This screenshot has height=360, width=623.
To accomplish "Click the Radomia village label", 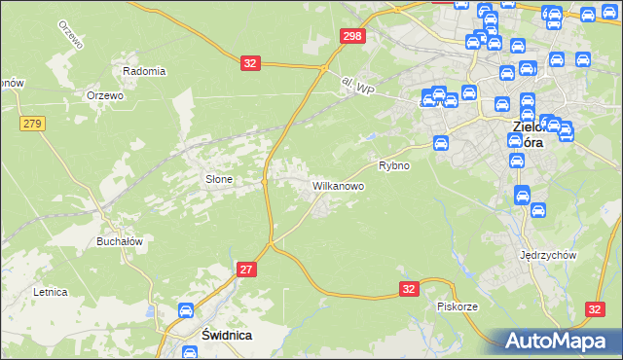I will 144,71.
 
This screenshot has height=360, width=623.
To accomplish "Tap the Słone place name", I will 217,179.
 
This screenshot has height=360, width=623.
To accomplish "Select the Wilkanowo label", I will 338,184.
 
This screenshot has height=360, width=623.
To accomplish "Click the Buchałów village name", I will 121,241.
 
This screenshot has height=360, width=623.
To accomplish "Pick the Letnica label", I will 49,291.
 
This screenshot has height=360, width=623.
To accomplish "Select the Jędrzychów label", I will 550,255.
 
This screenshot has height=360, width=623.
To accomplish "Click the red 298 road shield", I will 352,36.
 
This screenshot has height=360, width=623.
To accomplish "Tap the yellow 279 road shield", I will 32,123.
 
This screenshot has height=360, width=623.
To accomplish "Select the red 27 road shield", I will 247,269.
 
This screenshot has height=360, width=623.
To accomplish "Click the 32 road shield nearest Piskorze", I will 410,289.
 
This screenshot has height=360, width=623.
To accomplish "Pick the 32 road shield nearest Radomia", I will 250,62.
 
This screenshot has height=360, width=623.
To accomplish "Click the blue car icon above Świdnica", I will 185,311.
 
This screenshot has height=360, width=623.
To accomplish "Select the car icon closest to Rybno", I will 440,143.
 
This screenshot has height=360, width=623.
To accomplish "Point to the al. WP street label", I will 359,88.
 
